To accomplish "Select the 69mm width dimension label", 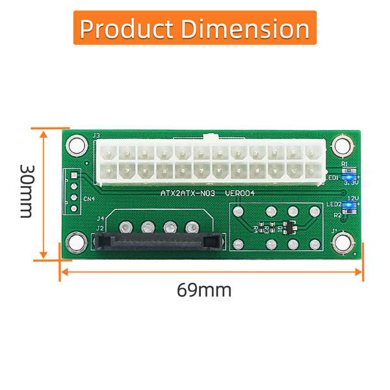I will pyautogui.click(x=204, y=289).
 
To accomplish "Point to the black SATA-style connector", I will pyautogui.click(x=156, y=242).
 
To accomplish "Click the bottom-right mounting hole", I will pyautogui.click(x=341, y=243).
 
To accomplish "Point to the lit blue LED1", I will pyautogui.click(x=350, y=177).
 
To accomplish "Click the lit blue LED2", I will pyautogui.click(x=350, y=204).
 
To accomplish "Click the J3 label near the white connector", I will pyautogui.click(x=97, y=136).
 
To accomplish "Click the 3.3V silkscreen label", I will pyautogui.click(x=352, y=184).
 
